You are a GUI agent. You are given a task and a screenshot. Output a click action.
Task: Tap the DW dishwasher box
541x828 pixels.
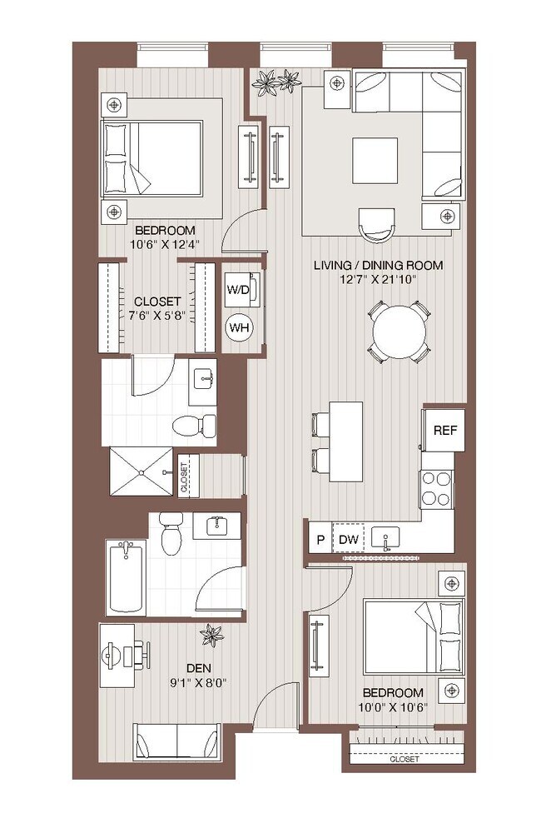pyautogui.click(x=349, y=540)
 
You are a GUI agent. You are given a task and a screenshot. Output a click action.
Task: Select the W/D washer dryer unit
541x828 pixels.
pyautogui.click(x=240, y=290)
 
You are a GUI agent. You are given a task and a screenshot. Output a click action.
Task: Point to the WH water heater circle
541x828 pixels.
pyautogui.click(x=240, y=327)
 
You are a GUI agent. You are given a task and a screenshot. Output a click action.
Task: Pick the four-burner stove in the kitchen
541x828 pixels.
pyautogui.click(x=436, y=488)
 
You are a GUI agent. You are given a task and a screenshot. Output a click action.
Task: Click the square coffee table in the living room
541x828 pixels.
pyautogui.click(x=374, y=159)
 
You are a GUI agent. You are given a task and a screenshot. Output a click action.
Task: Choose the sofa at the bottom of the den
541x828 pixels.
pyautogui.click(x=176, y=741)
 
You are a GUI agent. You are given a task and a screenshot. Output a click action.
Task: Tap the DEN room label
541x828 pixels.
pyautogui.click(x=196, y=667)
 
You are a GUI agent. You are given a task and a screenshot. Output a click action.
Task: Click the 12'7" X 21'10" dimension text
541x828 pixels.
pyautogui.click(x=378, y=280)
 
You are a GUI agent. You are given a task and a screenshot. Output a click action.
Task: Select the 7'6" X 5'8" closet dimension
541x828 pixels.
pyautogui.click(x=157, y=316)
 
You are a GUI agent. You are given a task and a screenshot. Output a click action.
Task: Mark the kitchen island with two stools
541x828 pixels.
pyautogui.click(x=345, y=441)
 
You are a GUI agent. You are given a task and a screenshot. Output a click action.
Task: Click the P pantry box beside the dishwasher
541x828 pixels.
pyautogui.click(x=320, y=540)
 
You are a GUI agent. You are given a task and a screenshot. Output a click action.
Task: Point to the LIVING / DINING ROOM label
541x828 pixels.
pyautogui.click(x=378, y=265)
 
